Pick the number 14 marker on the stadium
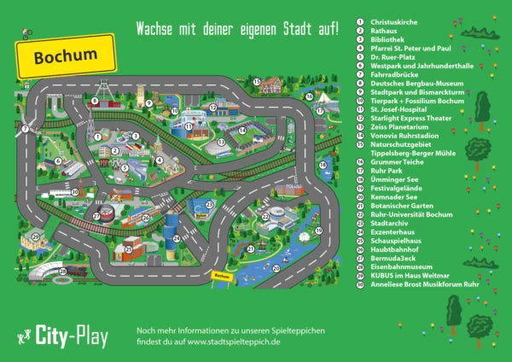coord(241,130)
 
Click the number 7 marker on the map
coord(26,129)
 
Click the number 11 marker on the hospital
coord(188,126)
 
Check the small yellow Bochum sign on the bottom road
coord(222,276)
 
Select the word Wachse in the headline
coord(156,29)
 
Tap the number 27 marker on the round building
coord(96,216)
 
